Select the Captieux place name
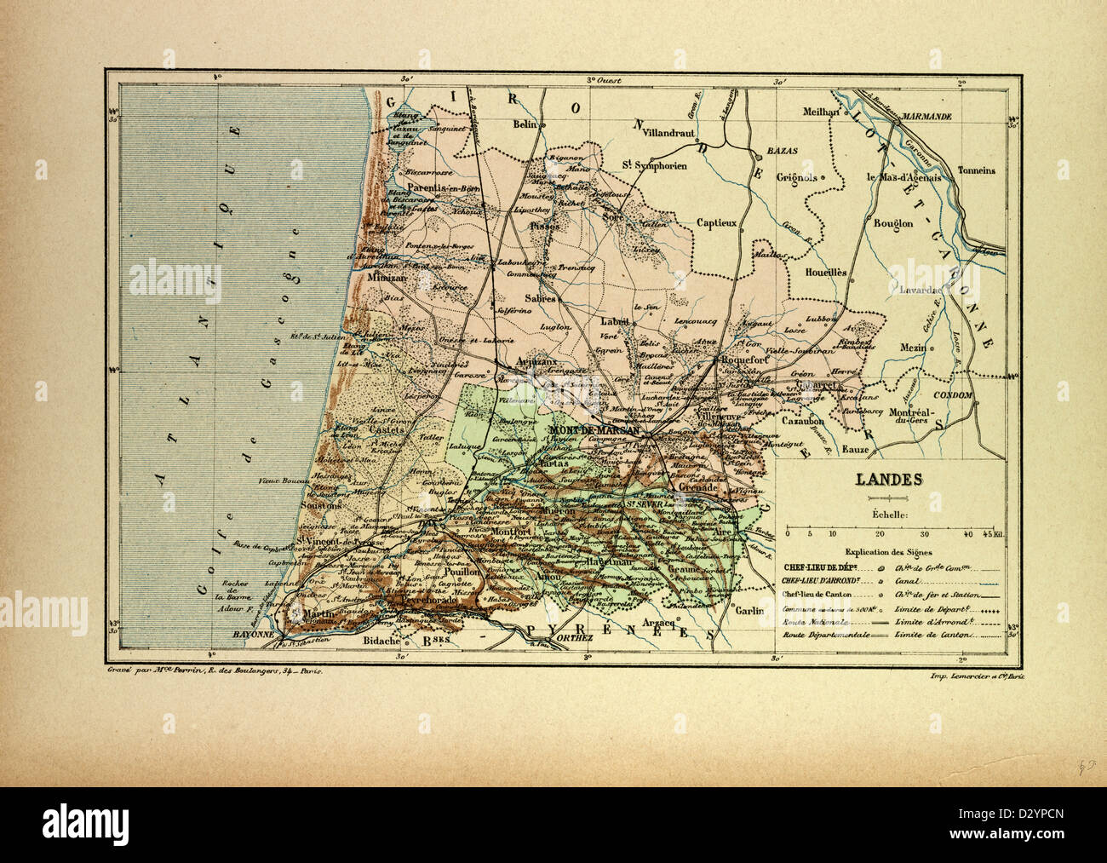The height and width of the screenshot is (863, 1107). pyautogui.click(x=715, y=223)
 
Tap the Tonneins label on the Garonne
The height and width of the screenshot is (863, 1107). pyautogui.click(x=976, y=170)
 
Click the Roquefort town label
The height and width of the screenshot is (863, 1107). pyautogui.click(x=747, y=360)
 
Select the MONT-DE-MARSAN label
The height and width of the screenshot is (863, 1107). pyautogui.click(x=595, y=431)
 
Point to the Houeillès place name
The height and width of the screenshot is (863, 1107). pyautogui.click(x=825, y=273)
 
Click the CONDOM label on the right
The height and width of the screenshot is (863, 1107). pyautogui.click(x=952, y=396)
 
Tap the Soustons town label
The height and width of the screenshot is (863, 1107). pyautogui.click(x=320, y=505)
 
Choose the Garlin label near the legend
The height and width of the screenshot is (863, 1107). pyautogui.click(x=750, y=611)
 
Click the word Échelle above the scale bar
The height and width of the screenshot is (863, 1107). pyautogui.click(x=889, y=514)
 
